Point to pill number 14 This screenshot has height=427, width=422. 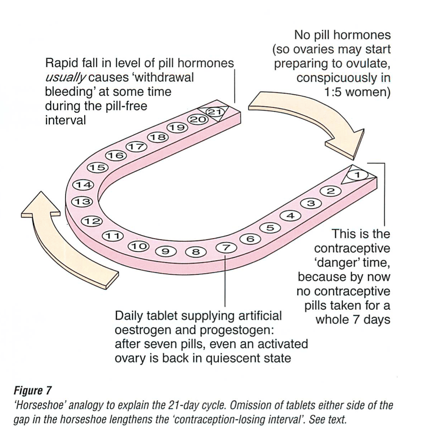[82, 186]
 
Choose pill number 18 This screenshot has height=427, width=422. [157, 137]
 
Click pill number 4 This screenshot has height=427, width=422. [290, 216]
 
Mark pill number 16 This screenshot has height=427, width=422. [116, 156]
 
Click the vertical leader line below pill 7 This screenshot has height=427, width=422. [225, 282]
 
